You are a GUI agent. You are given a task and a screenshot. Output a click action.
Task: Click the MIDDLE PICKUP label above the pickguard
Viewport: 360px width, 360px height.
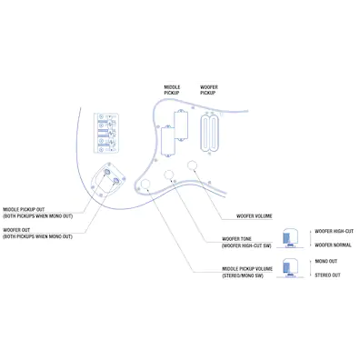pyautogui.click(x=172, y=90)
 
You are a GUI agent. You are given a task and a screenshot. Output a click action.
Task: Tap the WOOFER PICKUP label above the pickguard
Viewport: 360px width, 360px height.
pyautogui.click(x=209, y=90)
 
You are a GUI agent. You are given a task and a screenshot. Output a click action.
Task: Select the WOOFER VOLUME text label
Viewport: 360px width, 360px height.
pyautogui.click(x=255, y=216)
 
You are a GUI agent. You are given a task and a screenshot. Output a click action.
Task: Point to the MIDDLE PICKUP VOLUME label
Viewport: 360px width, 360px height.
pyautogui.click(x=247, y=269)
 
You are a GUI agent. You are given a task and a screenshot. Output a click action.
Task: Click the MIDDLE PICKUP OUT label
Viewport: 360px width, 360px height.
pyautogui.click(x=24, y=209)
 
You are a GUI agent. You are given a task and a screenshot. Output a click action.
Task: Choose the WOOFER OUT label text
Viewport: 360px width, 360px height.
pyautogui.click(x=16, y=230)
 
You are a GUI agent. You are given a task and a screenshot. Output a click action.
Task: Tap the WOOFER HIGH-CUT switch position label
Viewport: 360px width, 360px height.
pyautogui.click(x=334, y=231)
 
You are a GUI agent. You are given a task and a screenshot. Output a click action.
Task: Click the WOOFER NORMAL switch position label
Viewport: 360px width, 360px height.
pyautogui.click(x=333, y=245)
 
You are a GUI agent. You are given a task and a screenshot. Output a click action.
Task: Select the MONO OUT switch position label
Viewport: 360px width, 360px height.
pyautogui.click(x=326, y=261)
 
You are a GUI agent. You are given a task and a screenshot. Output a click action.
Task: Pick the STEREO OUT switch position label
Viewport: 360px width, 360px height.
pyautogui.click(x=327, y=275)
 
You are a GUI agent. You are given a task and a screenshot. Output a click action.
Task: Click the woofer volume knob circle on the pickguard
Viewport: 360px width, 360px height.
pyautogui.click(x=192, y=165)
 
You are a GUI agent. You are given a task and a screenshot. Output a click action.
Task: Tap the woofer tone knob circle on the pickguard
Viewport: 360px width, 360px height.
pyautogui.click(x=168, y=175)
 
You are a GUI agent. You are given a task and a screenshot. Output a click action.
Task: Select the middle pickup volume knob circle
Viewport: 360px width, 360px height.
pyautogui.click(x=145, y=184)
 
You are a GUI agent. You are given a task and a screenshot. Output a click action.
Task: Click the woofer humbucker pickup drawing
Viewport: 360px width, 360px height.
pyautogui.click(x=209, y=133)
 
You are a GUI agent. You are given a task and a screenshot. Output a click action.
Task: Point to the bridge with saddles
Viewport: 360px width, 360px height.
pyautogui.click(x=106, y=133)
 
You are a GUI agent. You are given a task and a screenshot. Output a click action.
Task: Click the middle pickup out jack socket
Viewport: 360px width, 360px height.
pyautogui.click(x=107, y=172)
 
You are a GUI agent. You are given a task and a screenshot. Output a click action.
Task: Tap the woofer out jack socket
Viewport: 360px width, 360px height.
pyautogui.click(x=116, y=181)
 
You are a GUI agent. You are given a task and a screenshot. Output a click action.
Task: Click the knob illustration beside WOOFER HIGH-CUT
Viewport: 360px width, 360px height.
pyautogui.click(x=290, y=238)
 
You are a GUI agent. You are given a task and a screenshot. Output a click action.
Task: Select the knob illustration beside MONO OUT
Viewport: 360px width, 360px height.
pyautogui.click(x=290, y=268)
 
